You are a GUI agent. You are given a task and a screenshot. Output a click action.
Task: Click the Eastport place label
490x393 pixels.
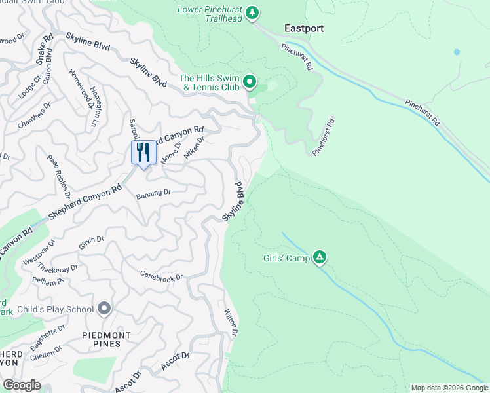coord(304,28)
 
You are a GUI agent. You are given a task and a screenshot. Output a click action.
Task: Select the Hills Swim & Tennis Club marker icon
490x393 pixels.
coord(249,82)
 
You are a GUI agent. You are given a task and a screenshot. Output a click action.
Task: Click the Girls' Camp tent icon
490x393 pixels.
coord(319,257)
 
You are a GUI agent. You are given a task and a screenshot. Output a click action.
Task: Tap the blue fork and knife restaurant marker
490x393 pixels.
coord(144,153)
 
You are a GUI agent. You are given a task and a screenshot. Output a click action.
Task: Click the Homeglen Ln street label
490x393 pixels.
coord(95,107)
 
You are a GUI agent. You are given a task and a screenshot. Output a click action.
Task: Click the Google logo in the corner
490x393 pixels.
coord(22,385)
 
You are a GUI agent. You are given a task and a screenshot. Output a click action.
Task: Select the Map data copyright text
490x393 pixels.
coord(449,388)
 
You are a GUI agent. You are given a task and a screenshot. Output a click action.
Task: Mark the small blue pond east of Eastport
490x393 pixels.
coord(457,52)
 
